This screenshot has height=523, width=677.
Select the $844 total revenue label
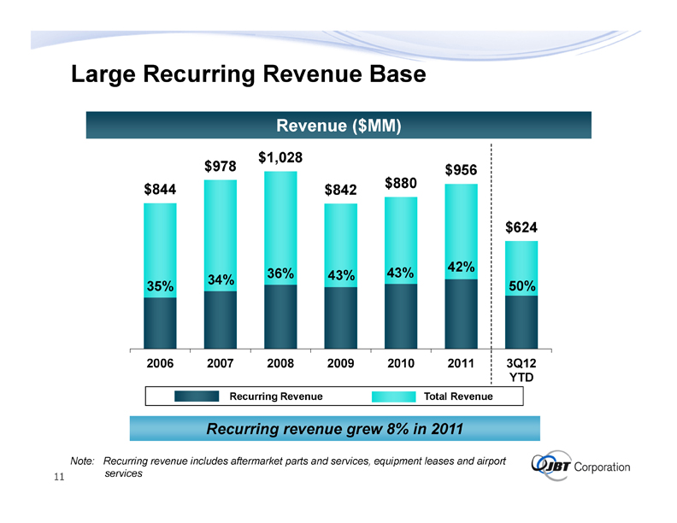(x=161, y=190)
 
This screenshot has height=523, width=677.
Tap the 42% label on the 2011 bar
(x=461, y=267)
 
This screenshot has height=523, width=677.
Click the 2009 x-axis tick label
(x=341, y=363)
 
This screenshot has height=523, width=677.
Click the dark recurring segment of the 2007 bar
(x=221, y=320)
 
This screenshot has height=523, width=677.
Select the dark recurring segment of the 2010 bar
(x=401, y=316)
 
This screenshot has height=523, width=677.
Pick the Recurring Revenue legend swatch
(x=199, y=396)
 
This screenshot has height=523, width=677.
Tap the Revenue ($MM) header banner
(x=339, y=126)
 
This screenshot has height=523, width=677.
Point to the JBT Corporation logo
(x=580, y=466)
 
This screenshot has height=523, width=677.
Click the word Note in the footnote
(x=82, y=461)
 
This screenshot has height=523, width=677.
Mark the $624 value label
(x=521, y=227)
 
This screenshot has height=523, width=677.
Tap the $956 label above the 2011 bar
(x=461, y=170)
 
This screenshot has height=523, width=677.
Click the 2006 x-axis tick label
(x=161, y=363)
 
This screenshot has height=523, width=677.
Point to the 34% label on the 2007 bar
(x=221, y=279)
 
